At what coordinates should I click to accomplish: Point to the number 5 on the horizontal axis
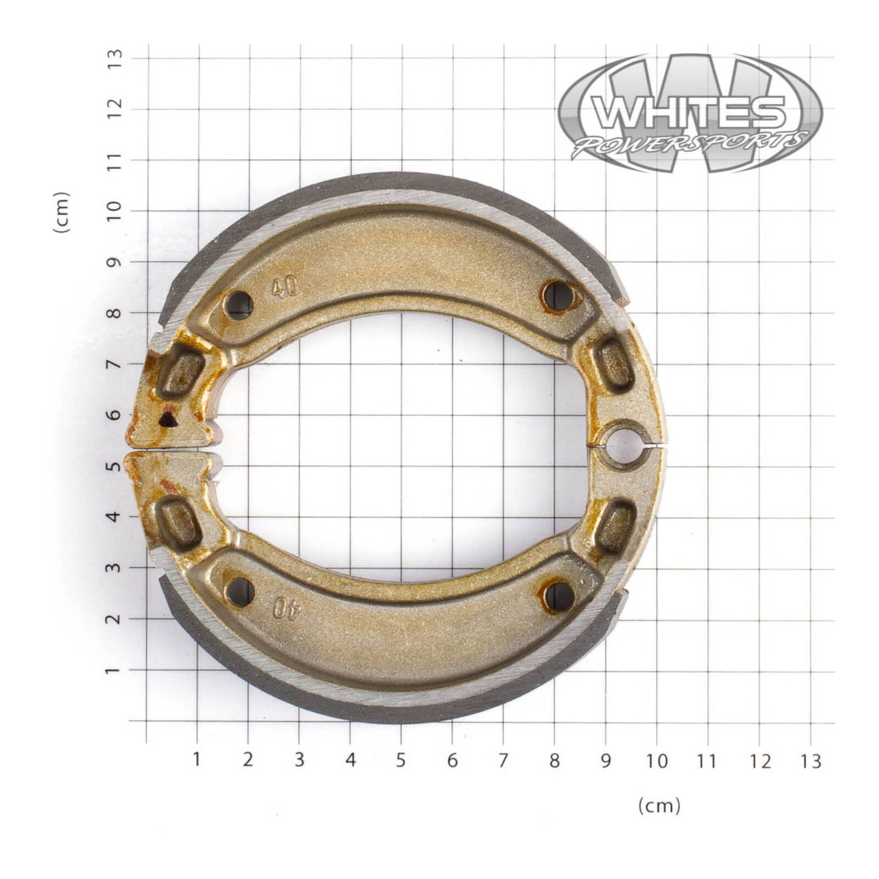pyautogui.click(x=400, y=760)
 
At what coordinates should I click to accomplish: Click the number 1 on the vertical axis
pyautogui.click(x=116, y=670)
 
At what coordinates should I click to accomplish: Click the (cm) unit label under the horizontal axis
pyautogui.click(x=659, y=806)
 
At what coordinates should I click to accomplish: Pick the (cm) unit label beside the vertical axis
pyautogui.click(x=61, y=212)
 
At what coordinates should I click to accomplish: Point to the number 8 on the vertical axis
pyautogui.click(x=116, y=313)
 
